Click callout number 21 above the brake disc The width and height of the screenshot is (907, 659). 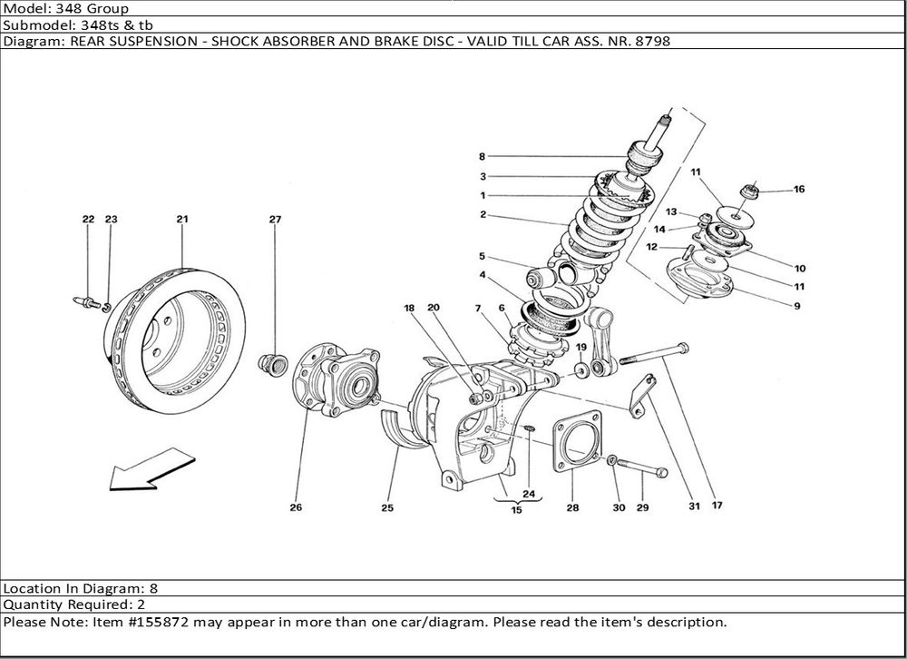(181, 219)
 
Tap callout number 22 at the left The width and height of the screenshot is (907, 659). (88, 219)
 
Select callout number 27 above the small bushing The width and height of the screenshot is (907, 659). (276, 219)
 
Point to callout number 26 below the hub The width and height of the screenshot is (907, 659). (296, 507)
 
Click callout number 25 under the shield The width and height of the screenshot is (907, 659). (387, 507)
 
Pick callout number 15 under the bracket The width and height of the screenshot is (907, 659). (516, 511)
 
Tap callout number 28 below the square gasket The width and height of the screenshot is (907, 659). (572, 507)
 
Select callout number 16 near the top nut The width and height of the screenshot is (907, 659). (799, 190)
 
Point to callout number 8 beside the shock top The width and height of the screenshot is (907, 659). (483, 156)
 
